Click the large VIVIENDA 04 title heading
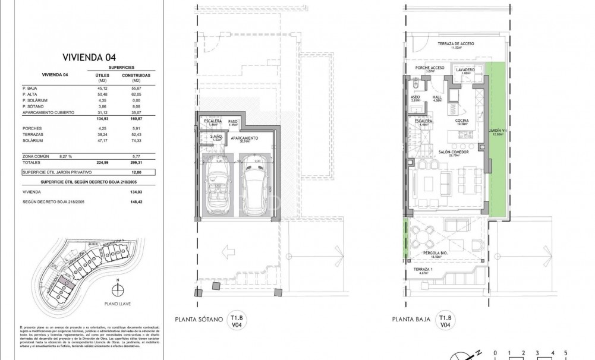(89, 58)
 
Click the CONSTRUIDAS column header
(136, 76)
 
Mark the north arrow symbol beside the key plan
(118, 289)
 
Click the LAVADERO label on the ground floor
(465, 70)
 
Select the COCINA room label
(462, 121)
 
